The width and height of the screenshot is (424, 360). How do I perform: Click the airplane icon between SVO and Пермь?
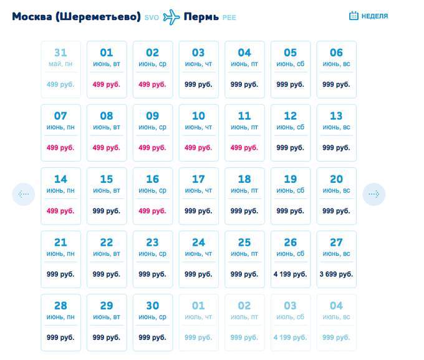click(171, 17)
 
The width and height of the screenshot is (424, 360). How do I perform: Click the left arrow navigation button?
click(24, 195)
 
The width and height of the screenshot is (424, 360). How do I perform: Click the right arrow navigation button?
click(374, 195)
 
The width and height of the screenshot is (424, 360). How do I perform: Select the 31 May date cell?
click(60, 69)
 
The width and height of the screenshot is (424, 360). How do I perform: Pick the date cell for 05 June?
click(291, 69)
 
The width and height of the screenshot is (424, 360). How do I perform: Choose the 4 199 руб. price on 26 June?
click(291, 274)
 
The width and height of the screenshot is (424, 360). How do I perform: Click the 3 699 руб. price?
click(336, 274)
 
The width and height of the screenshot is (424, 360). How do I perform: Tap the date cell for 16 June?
click(152, 195)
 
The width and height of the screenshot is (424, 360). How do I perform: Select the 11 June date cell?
click(244, 132)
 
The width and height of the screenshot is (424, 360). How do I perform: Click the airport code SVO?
click(152, 17)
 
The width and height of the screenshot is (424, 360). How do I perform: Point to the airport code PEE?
click(229, 17)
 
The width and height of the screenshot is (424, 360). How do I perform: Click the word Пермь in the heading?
click(201, 16)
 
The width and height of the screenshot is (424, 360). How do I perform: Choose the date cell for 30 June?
click(152, 322)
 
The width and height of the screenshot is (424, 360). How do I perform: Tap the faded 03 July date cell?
click(291, 322)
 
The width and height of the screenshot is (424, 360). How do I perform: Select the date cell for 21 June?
click(60, 259)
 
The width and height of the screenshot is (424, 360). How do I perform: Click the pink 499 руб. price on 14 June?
click(60, 211)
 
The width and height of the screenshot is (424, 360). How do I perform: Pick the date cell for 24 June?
click(198, 259)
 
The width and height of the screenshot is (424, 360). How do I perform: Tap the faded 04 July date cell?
click(336, 322)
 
